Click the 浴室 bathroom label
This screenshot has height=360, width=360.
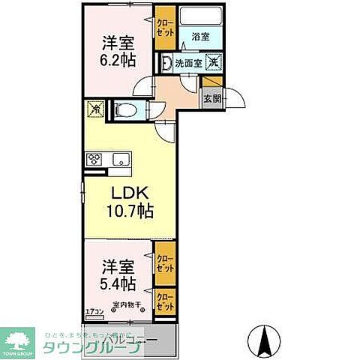(x=199, y=36)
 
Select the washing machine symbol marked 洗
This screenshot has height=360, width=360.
(x=213, y=64)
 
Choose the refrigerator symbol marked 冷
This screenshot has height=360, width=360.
(x=95, y=109)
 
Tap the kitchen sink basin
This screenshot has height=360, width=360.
(x=120, y=159)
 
